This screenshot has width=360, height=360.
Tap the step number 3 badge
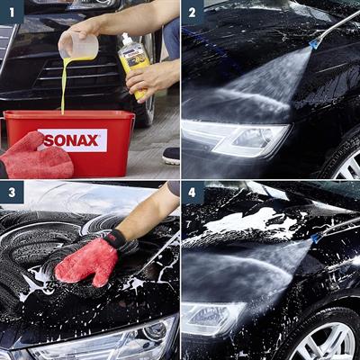pos(11,193)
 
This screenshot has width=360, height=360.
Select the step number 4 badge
pos(193,193)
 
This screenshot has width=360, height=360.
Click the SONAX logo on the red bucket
pos(73,139)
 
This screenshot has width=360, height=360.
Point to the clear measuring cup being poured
pos(78,46)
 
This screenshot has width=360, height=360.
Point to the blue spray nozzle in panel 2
pos(314,41)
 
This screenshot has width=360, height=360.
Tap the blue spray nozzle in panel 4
pos(318,237)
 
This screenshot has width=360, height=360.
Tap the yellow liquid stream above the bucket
pos(64,85)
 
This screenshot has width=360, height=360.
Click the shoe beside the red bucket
pos(171,155)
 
